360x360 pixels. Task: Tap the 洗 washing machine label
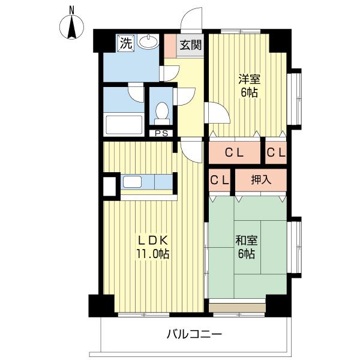coord(125,43)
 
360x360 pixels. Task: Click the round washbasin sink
coord(148,43)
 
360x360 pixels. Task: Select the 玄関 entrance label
coord(190,45)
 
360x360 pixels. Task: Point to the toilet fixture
coord(161,112)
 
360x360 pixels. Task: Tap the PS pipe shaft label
coord(161,134)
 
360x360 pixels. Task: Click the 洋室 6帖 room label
coord(248,86)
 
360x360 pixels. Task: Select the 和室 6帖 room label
coord(246,247)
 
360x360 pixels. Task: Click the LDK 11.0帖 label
coord(153,246)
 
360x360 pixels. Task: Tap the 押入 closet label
coord(260,179)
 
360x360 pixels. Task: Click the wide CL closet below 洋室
coord(235,153)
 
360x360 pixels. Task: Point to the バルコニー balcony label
coord(194,334)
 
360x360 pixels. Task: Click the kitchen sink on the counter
coord(132,182)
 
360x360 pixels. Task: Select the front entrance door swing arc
coord(193,20)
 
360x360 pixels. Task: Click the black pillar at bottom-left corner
coord(101,305)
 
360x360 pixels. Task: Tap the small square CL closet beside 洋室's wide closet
coord(276,153)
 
